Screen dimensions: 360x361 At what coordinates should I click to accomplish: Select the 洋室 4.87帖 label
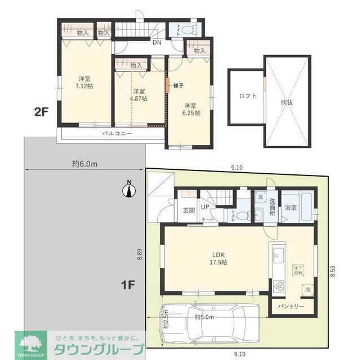coord(139,94)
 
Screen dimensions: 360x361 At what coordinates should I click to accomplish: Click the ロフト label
coord(247,96)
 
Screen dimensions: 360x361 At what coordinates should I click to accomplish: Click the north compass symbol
coord(128,190)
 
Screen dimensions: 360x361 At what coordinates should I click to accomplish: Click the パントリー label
coord(291,307)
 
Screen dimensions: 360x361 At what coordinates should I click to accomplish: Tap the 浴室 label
coord(291,208)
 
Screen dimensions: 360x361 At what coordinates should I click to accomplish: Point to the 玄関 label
coord(189,211)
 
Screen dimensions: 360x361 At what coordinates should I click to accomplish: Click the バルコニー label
coord(117,134)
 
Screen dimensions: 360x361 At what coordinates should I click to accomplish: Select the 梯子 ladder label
coord(180,85)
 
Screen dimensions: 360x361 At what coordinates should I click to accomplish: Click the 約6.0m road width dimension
coord(84,164)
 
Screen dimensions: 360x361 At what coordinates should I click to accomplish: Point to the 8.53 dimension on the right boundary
coord(332,271)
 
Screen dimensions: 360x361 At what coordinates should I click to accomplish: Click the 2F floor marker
coord(41,111)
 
